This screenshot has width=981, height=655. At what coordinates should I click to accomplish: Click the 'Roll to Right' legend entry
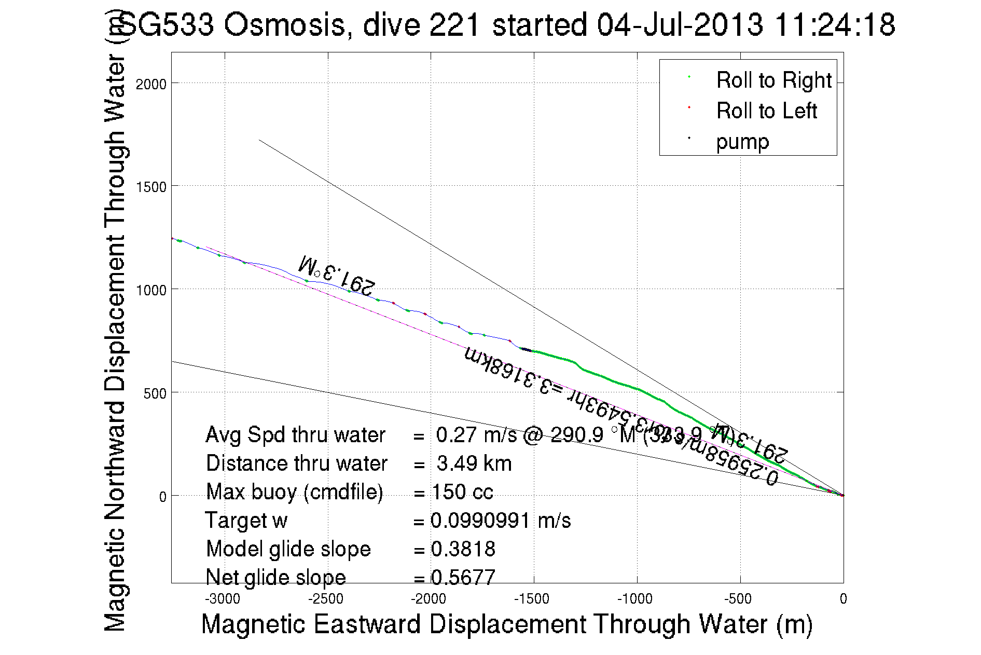(773, 80)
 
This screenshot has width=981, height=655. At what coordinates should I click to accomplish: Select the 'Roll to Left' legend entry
(766, 111)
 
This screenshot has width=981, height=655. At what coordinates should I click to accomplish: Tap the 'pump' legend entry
(742, 142)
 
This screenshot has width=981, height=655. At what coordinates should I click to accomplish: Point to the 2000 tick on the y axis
(151, 84)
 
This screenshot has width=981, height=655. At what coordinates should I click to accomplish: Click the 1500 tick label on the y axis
(151, 187)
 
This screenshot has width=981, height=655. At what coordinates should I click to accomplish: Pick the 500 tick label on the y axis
(155, 393)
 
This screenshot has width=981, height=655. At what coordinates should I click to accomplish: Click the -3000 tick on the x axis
(223, 599)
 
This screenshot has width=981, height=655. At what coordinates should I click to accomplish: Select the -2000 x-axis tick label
(429, 599)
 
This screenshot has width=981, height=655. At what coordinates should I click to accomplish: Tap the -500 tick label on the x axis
(738, 599)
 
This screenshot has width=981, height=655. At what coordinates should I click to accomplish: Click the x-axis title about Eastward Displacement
(506, 624)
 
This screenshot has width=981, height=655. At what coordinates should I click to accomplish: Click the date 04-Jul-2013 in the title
(680, 24)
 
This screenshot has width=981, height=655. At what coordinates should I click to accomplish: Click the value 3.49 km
(474, 463)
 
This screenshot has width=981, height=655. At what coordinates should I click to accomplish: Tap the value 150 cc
(462, 492)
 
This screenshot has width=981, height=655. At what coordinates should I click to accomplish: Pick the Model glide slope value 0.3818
(463, 549)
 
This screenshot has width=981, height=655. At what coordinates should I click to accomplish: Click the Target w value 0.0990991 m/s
(500, 521)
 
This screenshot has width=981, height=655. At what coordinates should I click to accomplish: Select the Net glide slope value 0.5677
(463, 577)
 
